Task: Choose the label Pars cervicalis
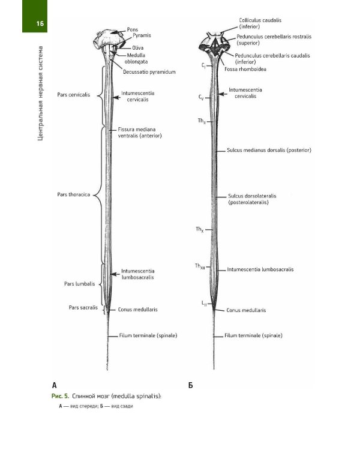(x=74, y=95)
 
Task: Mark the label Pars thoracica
(x=74, y=194)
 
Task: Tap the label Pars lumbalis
(x=78, y=284)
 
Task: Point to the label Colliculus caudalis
(x=260, y=20)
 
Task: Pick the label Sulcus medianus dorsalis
(x=268, y=150)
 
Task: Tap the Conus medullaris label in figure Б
(x=246, y=310)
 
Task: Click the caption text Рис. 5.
(x=61, y=397)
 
